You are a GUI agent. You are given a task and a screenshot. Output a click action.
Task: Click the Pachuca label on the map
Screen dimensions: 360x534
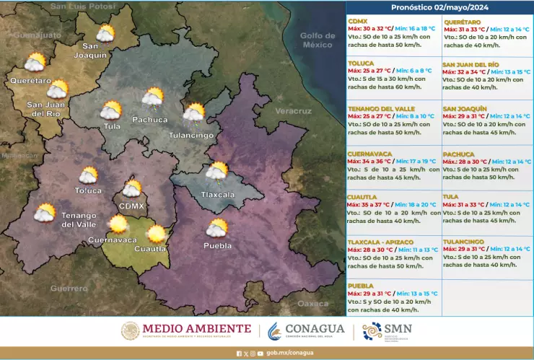[150, 119]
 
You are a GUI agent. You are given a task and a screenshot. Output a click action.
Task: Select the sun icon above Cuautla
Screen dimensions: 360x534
[155, 234]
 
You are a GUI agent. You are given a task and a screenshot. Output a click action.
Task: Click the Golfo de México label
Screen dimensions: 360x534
[318, 40]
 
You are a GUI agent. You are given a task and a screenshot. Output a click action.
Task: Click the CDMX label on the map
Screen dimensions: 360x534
[132, 206]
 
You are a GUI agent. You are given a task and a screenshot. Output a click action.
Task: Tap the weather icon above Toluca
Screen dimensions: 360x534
[89, 175]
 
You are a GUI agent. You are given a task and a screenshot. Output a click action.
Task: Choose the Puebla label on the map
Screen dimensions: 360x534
[218, 245]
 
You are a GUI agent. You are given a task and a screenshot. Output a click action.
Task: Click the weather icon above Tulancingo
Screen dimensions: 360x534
[193, 113]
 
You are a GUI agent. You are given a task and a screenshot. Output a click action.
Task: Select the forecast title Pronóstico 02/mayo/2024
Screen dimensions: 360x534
[439, 7]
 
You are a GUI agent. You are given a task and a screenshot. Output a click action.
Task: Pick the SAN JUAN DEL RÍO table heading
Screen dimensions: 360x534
[470, 64]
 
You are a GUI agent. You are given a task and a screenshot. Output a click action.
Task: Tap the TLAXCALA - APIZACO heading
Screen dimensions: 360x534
[383, 241]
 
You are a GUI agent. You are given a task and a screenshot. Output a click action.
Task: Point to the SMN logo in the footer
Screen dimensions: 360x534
[390, 331]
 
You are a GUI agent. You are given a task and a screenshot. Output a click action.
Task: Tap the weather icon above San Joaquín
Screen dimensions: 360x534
[105, 34]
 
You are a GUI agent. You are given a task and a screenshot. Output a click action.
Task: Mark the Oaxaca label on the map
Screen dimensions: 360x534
[312, 304]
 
